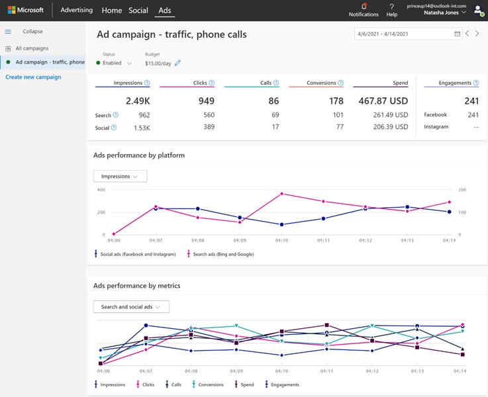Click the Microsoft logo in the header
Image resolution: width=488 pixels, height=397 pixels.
(x=25, y=11)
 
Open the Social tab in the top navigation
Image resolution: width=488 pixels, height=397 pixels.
(x=138, y=11)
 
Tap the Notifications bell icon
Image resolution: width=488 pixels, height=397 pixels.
(x=364, y=7)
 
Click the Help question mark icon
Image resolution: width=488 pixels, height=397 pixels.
(x=392, y=7)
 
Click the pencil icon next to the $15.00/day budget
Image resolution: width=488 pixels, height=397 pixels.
(x=177, y=64)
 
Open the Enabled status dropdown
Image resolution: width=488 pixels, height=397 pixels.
(x=114, y=64)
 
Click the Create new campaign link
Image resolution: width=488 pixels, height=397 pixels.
(x=33, y=77)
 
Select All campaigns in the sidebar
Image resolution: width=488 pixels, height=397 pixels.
(x=32, y=48)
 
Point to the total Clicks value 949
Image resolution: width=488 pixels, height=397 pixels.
(x=206, y=101)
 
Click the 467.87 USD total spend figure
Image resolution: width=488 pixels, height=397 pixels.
(x=380, y=101)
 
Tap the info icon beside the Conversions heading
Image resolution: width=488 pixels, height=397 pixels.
(x=340, y=83)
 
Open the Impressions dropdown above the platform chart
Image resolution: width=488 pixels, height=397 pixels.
(x=120, y=176)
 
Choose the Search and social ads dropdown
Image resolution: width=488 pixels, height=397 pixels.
(x=131, y=307)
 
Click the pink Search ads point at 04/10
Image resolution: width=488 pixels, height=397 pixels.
(x=282, y=194)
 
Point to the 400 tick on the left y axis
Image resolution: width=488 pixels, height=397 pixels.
(x=101, y=190)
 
